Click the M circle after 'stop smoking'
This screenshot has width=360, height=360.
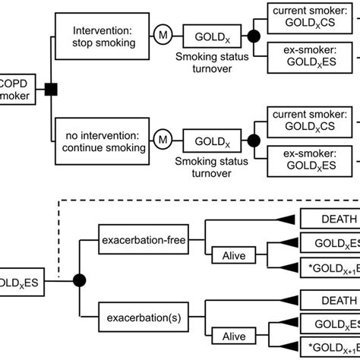click(161, 36)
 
